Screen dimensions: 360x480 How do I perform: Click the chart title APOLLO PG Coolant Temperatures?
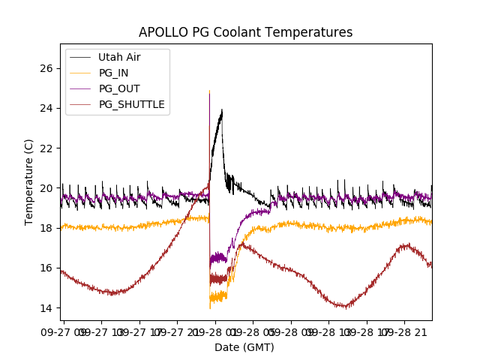tap(245, 32)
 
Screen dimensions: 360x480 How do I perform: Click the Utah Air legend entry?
tap(119, 57)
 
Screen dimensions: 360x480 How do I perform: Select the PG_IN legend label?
tap(114, 73)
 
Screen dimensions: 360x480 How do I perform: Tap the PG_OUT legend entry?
tap(119, 88)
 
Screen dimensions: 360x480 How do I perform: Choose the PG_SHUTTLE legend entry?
tap(132, 104)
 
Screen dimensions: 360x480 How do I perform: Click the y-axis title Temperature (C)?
tap(29, 181)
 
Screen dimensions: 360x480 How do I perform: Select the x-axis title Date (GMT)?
tap(244, 347)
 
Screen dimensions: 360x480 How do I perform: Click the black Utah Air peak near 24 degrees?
tap(221, 112)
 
